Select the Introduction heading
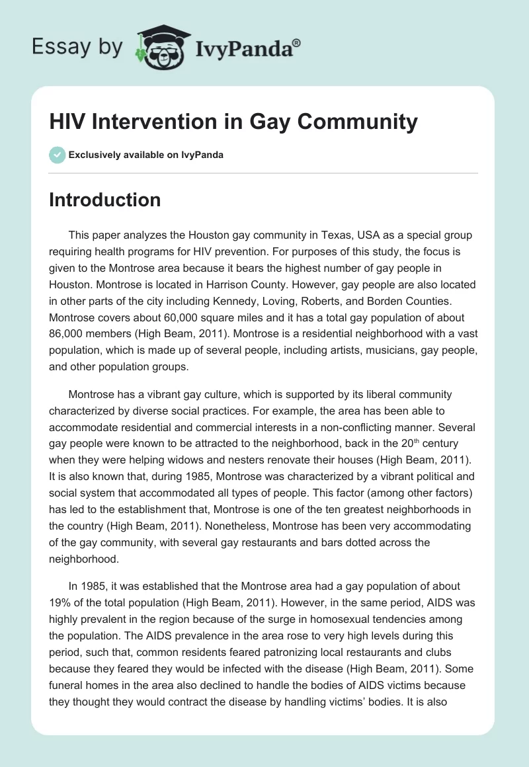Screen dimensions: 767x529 click(104, 200)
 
